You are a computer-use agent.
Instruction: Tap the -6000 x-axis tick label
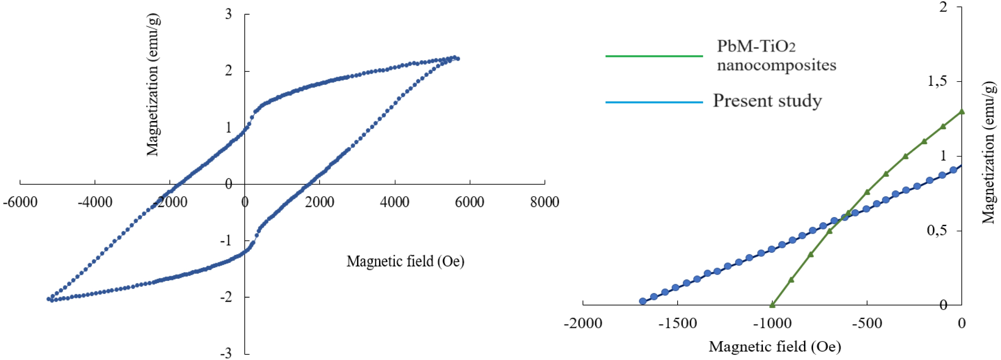20,202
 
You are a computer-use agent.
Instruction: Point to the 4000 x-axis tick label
394,202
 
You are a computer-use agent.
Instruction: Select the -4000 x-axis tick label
95,202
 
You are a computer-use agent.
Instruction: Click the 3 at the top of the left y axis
228,14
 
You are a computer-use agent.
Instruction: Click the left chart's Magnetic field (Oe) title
405,261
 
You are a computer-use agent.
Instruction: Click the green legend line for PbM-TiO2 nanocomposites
654,56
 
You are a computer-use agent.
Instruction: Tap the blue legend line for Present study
654,102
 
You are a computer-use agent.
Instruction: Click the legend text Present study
767,101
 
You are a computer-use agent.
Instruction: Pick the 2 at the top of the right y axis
944,7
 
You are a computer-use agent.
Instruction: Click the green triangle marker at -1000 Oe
772,305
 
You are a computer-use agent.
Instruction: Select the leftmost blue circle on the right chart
643,301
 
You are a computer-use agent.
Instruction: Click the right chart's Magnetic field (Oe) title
775,346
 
